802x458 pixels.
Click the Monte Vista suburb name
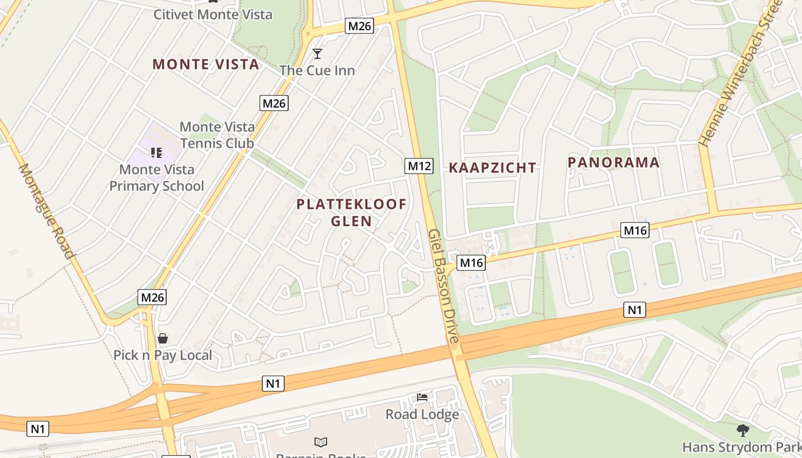(x=206, y=64)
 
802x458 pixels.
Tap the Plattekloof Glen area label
(x=351, y=212)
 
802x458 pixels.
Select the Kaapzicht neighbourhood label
(x=492, y=168)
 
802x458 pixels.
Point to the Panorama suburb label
(x=614, y=163)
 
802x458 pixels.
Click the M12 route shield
(x=419, y=166)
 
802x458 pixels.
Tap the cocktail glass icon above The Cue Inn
(x=317, y=54)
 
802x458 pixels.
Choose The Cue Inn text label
(x=317, y=70)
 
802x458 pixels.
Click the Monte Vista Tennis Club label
(x=217, y=135)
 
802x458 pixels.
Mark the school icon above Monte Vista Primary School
(x=156, y=153)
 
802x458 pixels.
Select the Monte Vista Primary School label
(x=156, y=177)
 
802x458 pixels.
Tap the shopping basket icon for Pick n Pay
(x=163, y=338)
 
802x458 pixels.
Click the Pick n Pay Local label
(x=163, y=355)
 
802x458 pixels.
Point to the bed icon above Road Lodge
(x=422, y=397)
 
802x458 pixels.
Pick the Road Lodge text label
(x=422, y=414)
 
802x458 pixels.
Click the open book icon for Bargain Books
(x=321, y=442)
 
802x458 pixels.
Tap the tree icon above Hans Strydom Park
(x=742, y=429)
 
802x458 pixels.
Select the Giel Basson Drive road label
(x=443, y=286)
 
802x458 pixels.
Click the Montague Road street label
(x=47, y=211)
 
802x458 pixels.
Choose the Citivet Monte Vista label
(x=213, y=14)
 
